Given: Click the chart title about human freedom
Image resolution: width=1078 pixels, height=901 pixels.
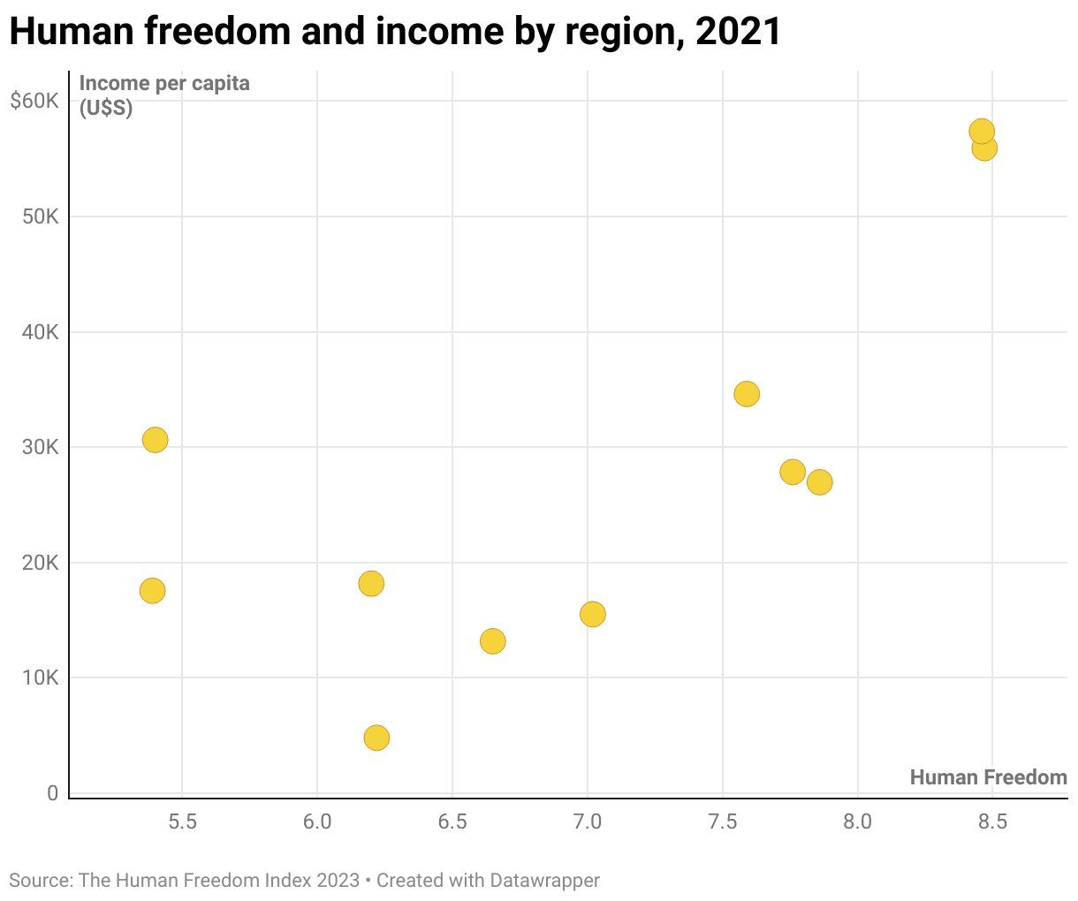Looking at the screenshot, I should (x=395, y=32).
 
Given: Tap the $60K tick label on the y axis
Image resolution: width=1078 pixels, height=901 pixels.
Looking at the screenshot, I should (x=34, y=101).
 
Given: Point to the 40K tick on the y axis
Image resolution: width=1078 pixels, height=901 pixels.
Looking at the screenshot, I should (x=40, y=332).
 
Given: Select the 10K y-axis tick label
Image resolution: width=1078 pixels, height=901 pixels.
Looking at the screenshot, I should (x=40, y=678).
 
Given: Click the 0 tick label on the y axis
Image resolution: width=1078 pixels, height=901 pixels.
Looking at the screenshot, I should (x=53, y=793).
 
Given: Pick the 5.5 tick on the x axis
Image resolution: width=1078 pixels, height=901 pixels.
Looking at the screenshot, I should (x=182, y=822).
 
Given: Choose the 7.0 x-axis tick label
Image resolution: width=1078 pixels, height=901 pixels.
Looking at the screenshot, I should (x=588, y=822).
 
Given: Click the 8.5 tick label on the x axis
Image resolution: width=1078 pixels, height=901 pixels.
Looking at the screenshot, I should (x=992, y=822).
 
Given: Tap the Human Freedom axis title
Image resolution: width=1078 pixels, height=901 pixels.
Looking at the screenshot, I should (x=988, y=777).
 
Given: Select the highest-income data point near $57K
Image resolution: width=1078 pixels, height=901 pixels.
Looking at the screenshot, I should (x=982, y=132).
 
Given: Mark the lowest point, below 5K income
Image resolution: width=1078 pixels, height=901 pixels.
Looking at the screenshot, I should (x=376, y=738).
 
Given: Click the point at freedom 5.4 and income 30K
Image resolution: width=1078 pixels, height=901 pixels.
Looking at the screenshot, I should (x=155, y=440).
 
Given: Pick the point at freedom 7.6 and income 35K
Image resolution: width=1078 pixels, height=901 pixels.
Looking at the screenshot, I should (x=747, y=394).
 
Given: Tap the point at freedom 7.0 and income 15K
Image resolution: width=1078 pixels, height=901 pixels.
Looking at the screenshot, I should (x=593, y=614).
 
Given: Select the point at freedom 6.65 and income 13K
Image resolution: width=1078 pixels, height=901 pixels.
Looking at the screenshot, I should (x=493, y=641).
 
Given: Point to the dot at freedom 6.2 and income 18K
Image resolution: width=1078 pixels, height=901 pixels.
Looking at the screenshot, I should (x=371, y=584).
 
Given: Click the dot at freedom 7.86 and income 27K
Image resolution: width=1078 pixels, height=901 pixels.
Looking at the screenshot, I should (x=820, y=482).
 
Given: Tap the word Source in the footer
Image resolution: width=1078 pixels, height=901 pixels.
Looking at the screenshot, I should (x=39, y=881).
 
